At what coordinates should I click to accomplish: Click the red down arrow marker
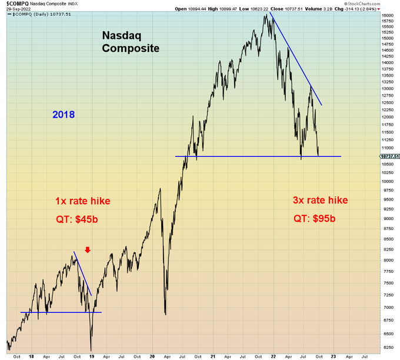pyautogui.click(x=87, y=250)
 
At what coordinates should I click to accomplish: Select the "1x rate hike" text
pyautogui.click(x=82, y=201)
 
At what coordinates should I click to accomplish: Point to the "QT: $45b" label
pyautogui.click(x=77, y=220)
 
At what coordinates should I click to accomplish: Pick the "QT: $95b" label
pyautogui.click(x=315, y=219)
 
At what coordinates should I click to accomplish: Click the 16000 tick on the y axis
pyautogui.click(x=387, y=15)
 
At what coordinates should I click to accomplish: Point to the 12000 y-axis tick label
pyautogui.click(x=387, y=116)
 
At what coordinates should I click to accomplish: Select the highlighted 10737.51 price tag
pyautogui.click(x=389, y=156)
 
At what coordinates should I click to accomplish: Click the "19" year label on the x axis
pyautogui.click(x=92, y=355)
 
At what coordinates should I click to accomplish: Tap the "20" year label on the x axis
pyautogui.click(x=152, y=355)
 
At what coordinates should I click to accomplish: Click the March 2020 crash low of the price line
pyautogui.click(x=165, y=315)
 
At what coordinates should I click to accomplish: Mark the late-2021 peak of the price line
pyautogui.click(x=266, y=14)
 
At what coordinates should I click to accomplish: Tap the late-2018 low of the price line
pyautogui.click(x=91, y=349)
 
